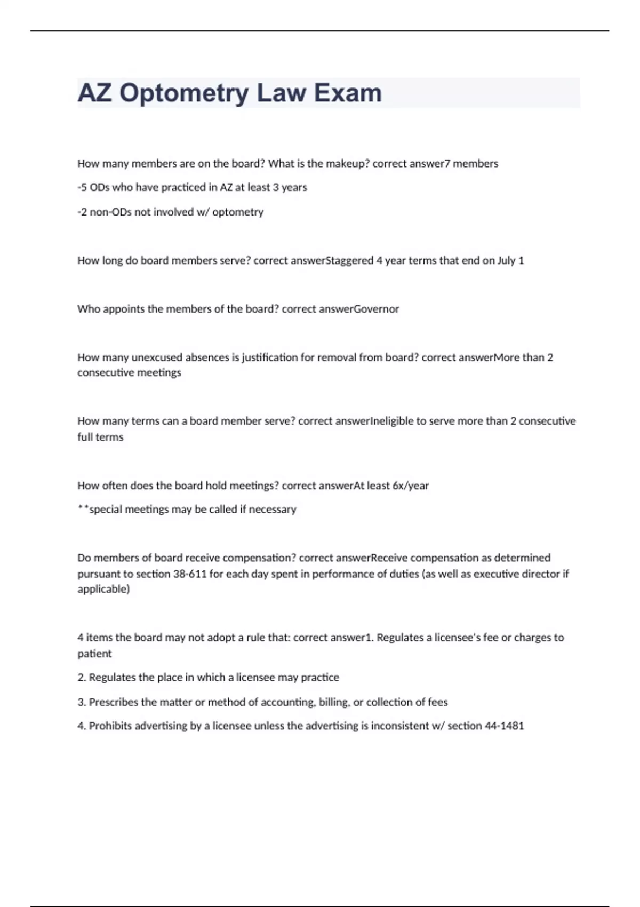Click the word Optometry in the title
point(183,93)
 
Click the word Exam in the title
point(347,93)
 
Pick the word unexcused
point(157,357)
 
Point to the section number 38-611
point(190,574)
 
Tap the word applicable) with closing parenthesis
point(103,589)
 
